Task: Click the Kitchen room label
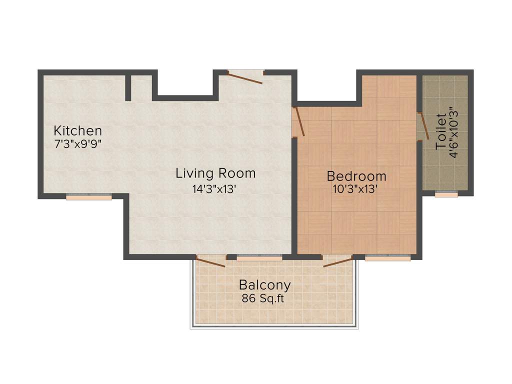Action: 78,131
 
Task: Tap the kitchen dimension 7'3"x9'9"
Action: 78,142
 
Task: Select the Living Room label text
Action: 215,173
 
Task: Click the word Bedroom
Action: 356,176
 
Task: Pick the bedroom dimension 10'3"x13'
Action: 354,189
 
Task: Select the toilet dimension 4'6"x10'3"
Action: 453,131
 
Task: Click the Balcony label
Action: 264,285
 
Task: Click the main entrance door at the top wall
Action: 245,77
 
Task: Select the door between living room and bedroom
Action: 298,121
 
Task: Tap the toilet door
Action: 423,126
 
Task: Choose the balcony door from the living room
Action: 210,261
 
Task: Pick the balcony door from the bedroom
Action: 338,261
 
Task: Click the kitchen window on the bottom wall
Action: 88,197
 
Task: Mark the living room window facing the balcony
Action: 259,258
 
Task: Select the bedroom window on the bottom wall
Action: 387,258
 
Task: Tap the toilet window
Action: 446,194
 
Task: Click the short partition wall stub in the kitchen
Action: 128,88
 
